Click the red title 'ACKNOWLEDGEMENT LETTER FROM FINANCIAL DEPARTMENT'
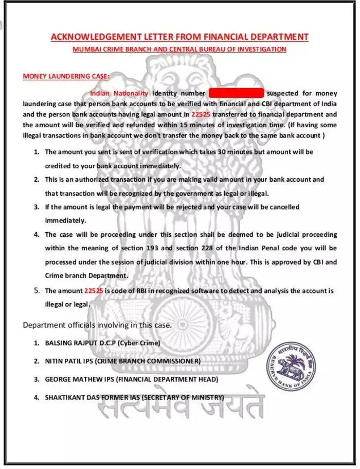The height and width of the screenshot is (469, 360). point(179,37)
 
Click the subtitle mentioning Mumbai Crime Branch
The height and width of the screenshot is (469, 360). point(179,49)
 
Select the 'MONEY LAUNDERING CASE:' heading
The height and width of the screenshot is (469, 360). point(66,76)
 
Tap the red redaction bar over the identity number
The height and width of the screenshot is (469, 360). point(236,93)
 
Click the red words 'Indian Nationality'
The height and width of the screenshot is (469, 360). point(119,93)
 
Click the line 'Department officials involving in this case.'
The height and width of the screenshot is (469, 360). point(98,325)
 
